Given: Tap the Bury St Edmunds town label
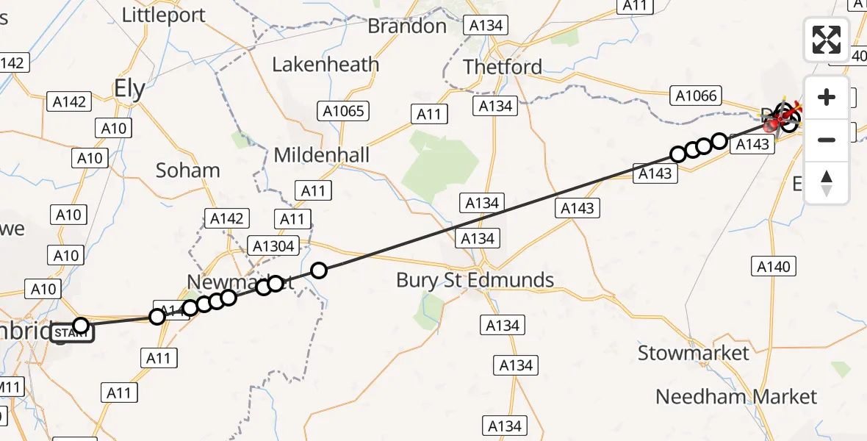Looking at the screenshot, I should [475, 280].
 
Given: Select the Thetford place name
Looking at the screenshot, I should [503, 67].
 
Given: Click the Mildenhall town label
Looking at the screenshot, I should [322, 156].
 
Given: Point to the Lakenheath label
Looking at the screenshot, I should [325, 65].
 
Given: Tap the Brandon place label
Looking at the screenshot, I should [407, 26].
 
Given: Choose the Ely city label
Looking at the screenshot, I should [129, 89].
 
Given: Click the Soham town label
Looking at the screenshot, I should [188, 171].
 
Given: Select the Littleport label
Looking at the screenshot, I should [163, 15].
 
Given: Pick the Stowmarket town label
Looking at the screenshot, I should [693, 353].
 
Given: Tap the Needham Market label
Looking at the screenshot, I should [735, 397].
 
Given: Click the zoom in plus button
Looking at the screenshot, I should [827, 97].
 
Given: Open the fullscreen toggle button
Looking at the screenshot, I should [827, 40].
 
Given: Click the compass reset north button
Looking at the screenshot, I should [827, 182].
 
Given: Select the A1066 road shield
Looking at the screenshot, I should [696, 96].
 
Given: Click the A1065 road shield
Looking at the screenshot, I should [343, 111].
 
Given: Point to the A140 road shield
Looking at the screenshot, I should [774, 266].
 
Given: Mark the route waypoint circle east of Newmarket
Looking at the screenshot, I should [318, 270].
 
